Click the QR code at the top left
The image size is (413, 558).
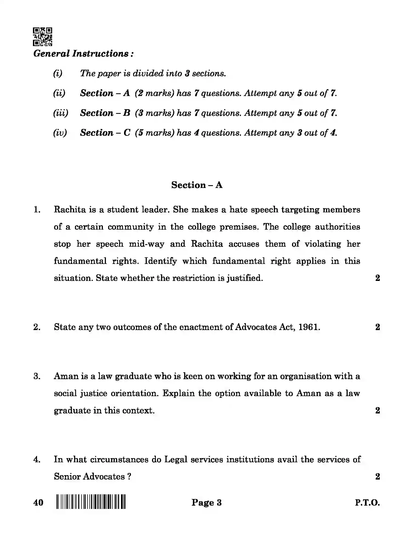[x=43, y=36]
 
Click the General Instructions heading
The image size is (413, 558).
[x=83, y=53]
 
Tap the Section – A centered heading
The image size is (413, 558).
[x=197, y=185]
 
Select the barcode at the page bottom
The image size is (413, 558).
[x=91, y=502]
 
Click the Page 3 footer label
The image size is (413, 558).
[x=206, y=502]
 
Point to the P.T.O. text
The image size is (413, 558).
[x=367, y=503]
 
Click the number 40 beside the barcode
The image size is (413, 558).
[x=38, y=502]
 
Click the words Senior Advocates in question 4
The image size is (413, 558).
[x=89, y=477]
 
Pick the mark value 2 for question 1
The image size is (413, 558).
[x=378, y=278]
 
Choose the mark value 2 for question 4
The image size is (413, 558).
[x=378, y=477]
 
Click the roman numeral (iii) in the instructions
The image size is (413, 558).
[x=60, y=113]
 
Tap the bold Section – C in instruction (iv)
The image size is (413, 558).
[x=105, y=133]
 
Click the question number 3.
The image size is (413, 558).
[x=37, y=376]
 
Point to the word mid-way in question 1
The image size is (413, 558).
[x=147, y=244]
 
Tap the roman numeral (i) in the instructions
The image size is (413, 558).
[x=58, y=74]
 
